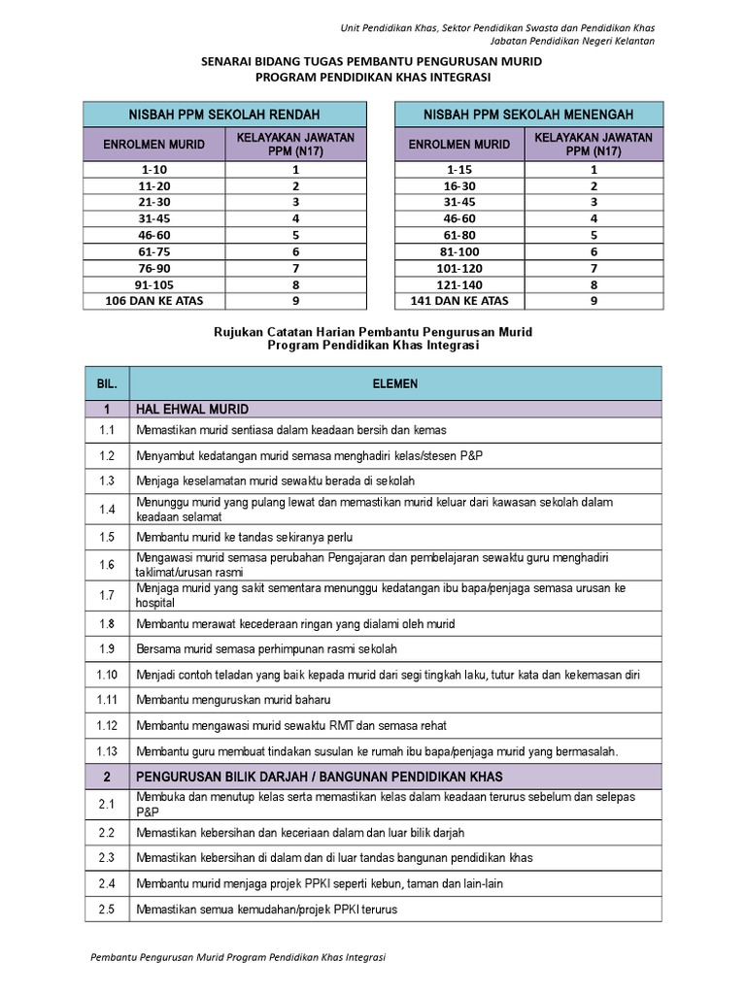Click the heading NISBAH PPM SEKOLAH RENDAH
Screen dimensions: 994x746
tap(224, 115)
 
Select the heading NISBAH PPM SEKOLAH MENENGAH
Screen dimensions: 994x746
tap(528, 115)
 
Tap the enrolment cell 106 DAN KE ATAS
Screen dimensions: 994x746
tap(156, 301)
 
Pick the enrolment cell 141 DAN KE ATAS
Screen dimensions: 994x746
tap(460, 301)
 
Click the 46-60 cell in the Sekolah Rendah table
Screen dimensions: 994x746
tap(156, 235)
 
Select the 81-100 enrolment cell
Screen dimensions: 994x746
tap(460, 251)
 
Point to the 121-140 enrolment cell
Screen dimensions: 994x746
tap(460, 284)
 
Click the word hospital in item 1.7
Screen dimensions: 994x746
tap(155, 602)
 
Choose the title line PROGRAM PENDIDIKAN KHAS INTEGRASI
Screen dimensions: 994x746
tap(372, 77)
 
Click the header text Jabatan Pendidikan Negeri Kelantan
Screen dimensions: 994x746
tap(570, 41)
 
